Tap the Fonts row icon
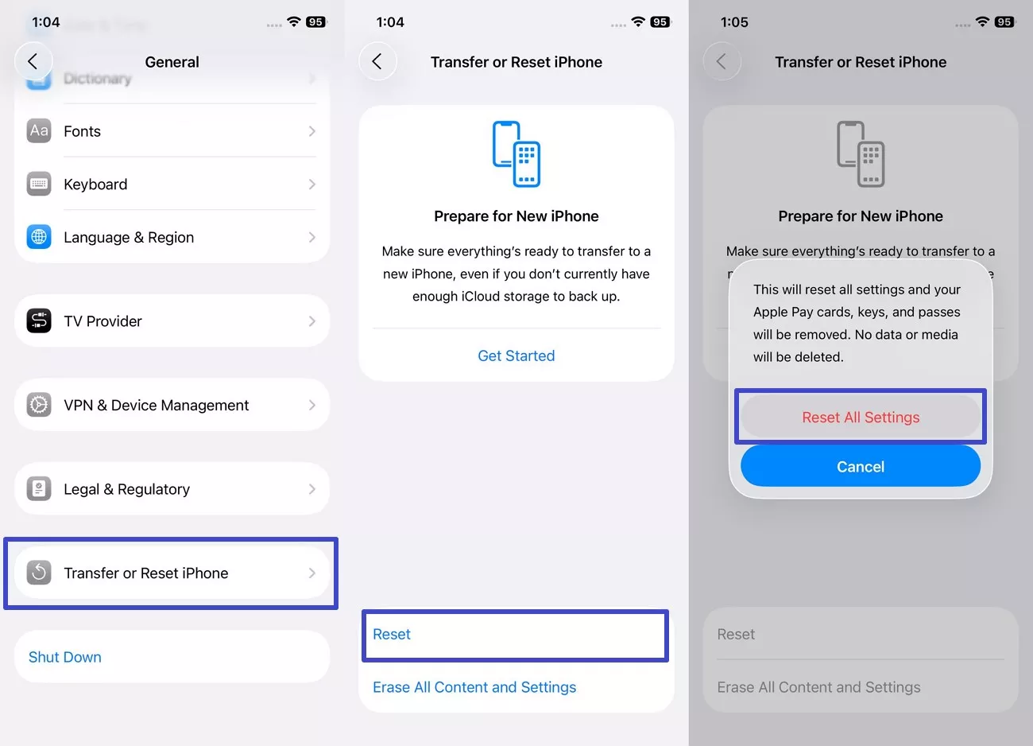point(39,130)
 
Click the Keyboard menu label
point(95,185)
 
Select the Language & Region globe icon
point(39,237)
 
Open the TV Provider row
point(171,321)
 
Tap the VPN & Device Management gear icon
point(39,405)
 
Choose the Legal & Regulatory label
point(126,489)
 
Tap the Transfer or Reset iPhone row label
point(145,573)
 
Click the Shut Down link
point(65,657)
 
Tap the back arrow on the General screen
point(33,61)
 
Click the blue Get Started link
point(516,356)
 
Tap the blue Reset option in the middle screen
point(392,634)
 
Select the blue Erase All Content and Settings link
point(474,687)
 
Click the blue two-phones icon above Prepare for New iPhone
point(516,153)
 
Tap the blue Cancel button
point(860,467)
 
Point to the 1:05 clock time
point(734,22)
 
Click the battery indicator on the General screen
point(315,22)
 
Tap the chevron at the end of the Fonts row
point(311,131)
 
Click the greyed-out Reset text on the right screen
point(736,634)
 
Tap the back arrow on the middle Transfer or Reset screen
point(377,61)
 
